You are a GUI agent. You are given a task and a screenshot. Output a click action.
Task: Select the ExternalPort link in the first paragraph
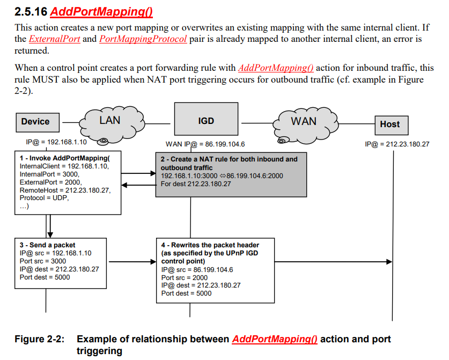click(54, 39)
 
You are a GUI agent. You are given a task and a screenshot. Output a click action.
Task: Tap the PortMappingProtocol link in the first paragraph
click(143, 39)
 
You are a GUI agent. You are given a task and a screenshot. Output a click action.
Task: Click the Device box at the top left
click(35, 122)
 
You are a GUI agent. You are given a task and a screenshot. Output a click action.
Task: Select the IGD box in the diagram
click(206, 121)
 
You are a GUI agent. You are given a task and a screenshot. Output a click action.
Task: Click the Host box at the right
click(389, 124)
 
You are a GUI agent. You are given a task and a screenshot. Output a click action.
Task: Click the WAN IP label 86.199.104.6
click(205, 144)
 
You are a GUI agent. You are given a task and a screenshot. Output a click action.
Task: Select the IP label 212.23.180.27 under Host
click(396, 144)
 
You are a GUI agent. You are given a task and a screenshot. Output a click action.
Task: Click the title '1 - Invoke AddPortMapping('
click(64, 158)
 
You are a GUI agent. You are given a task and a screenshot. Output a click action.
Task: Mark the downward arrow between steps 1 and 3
click(49, 226)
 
